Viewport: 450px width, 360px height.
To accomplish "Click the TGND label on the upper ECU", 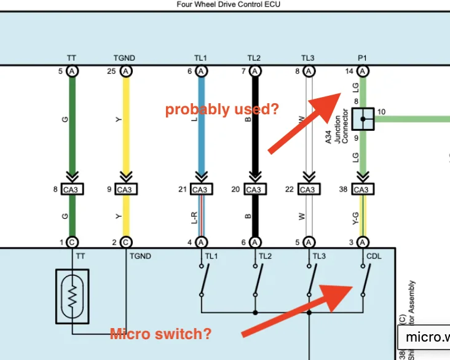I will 124,58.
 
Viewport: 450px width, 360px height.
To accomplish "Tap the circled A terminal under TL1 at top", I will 201,71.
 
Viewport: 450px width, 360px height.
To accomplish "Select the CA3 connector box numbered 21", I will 200,189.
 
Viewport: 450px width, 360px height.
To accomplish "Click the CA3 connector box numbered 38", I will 362,189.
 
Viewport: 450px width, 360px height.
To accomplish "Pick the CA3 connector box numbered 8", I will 71,189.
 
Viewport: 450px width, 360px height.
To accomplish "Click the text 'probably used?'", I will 221,110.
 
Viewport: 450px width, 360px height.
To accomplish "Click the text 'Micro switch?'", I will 160,334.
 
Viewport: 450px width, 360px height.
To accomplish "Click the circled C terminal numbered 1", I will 71,242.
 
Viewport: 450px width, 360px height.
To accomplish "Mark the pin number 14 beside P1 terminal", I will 349,71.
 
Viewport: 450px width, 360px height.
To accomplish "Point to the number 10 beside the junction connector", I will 382,112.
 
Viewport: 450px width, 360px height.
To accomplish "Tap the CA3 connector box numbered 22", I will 308,189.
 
